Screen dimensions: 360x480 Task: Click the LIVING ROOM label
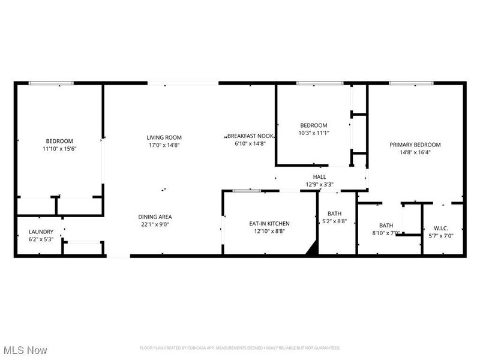pos(164,137)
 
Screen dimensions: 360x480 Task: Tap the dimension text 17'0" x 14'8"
pos(164,145)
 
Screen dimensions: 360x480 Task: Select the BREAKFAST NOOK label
pos(250,136)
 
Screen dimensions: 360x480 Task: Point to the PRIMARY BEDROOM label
pos(415,145)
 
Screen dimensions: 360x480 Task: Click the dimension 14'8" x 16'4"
pos(415,152)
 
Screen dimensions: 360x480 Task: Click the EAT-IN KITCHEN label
pos(269,224)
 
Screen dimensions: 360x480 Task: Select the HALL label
pos(319,177)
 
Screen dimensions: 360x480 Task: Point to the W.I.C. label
pos(441,228)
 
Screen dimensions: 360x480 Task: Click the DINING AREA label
pos(155,217)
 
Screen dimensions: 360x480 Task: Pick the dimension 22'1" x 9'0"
pos(155,224)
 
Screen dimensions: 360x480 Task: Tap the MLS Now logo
pos(25,349)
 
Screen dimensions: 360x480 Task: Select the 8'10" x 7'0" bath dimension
pos(386,232)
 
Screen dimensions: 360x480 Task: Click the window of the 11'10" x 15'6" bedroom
pos(51,83)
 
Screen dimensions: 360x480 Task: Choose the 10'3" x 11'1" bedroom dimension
pos(314,133)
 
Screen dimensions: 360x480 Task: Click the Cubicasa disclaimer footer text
pos(240,348)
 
